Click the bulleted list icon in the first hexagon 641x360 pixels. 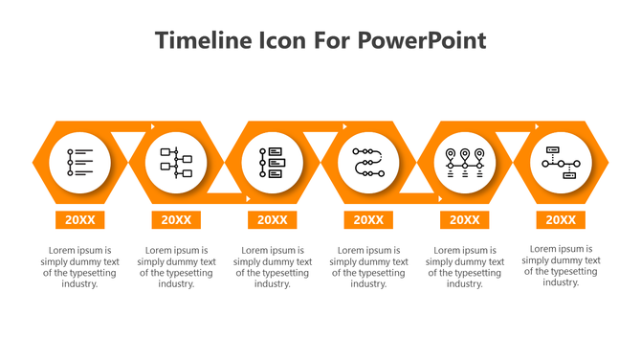click(80, 163)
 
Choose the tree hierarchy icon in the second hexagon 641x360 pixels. click(176, 163)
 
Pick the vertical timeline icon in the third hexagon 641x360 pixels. click(273, 163)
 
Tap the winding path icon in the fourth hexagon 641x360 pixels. click(368, 163)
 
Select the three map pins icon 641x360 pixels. click(465, 163)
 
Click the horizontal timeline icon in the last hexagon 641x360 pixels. click(561, 163)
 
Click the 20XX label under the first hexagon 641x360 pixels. click(80, 220)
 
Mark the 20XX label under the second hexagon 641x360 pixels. click(176, 220)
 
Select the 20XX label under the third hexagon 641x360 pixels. click(273, 220)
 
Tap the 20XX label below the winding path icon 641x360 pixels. click(368, 220)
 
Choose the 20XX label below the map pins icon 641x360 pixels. click(465, 220)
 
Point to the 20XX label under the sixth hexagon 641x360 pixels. click(561, 220)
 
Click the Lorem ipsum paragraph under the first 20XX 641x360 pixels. click(80, 267)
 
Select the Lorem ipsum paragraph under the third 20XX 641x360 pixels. click(273, 267)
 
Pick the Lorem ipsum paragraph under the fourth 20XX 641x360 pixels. click(368, 267)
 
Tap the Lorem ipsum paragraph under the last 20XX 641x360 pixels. click(561, 265)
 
